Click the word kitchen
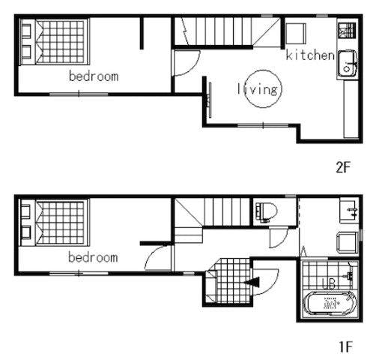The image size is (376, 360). click(x=310, y=55)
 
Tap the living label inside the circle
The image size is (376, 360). click(x=258, y=89)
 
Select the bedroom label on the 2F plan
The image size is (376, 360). click(x=94, y=76)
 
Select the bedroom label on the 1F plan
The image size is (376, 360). click(x=93, y=257)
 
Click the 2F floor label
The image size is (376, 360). click(x=344, y=167)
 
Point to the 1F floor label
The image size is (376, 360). click(x=345, y=346)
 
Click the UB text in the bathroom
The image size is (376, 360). click(x=328, y=283)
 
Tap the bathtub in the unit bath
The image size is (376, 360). click(x=330, y=304)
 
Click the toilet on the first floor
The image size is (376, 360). click(x=266, y=211)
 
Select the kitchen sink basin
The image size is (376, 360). click(x=348, y=63)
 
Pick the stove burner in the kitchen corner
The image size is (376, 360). click(x=347, y=31)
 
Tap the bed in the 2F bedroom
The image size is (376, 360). click(x=55, y=42)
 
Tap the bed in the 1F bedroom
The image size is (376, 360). click(x=55, y=223)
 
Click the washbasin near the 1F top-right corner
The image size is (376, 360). click(x=349, y=211)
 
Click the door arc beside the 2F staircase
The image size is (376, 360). click(x=192, y=67)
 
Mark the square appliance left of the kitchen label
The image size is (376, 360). click(x=296, y=34)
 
